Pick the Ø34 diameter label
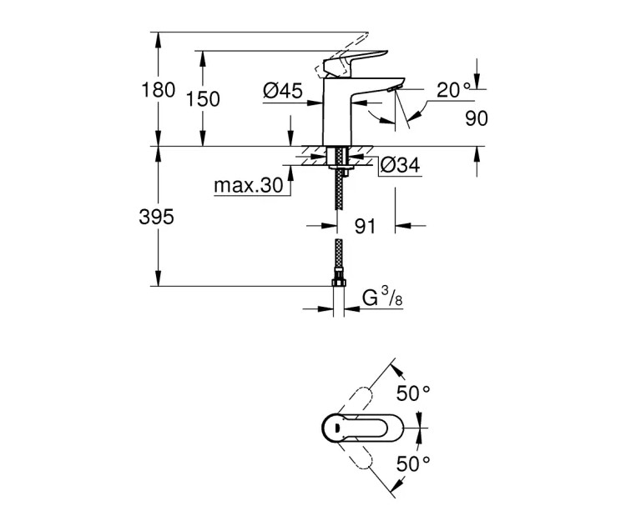tap(399, 166)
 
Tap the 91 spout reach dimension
tap(366, 225)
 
